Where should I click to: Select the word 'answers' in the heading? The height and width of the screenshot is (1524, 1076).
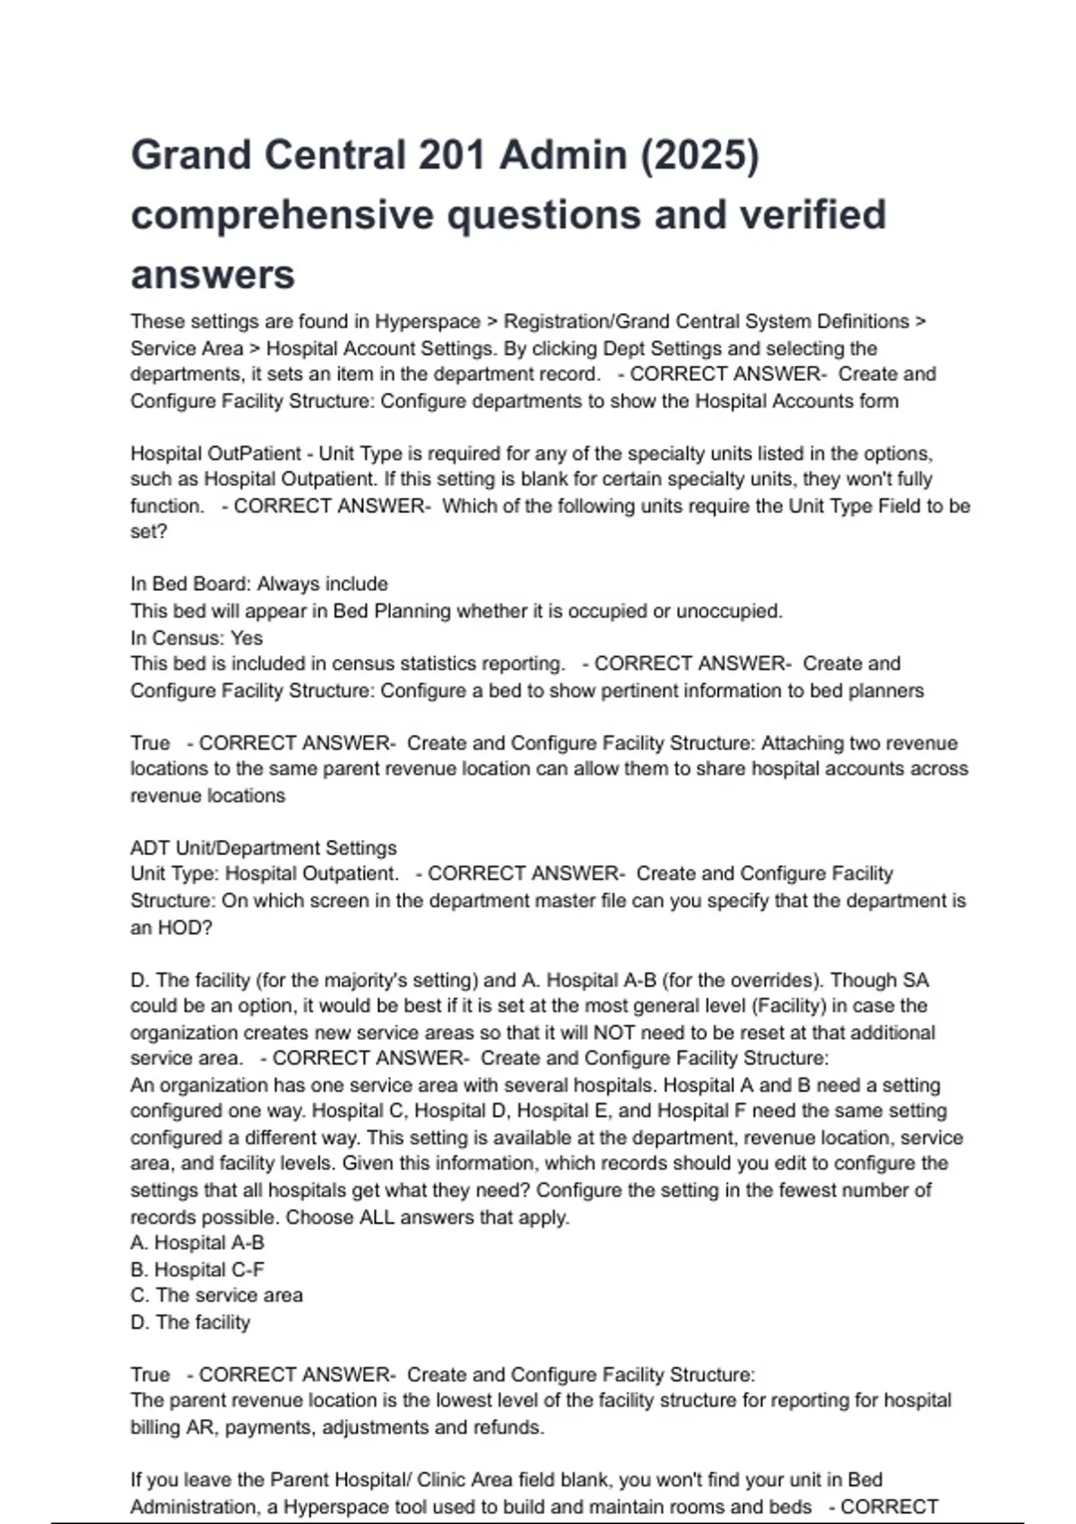click(213, 274)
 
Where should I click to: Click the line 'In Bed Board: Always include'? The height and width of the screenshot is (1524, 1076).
click(259, 584)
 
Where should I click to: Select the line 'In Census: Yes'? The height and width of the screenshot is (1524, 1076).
click(196, 637)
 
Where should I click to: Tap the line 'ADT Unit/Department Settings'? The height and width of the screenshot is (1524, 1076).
click(263, 847)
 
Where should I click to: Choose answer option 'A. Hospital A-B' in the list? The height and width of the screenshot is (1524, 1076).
click(197, 1243)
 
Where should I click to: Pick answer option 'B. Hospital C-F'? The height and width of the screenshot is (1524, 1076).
click(197, 1269)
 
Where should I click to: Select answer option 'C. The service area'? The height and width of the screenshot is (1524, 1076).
click(216, 1295)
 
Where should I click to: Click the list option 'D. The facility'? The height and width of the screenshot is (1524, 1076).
click(190, 1322)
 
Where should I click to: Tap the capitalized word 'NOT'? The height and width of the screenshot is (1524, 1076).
click(614, 1032)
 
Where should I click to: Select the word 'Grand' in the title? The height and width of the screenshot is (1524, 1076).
click(192, 155)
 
